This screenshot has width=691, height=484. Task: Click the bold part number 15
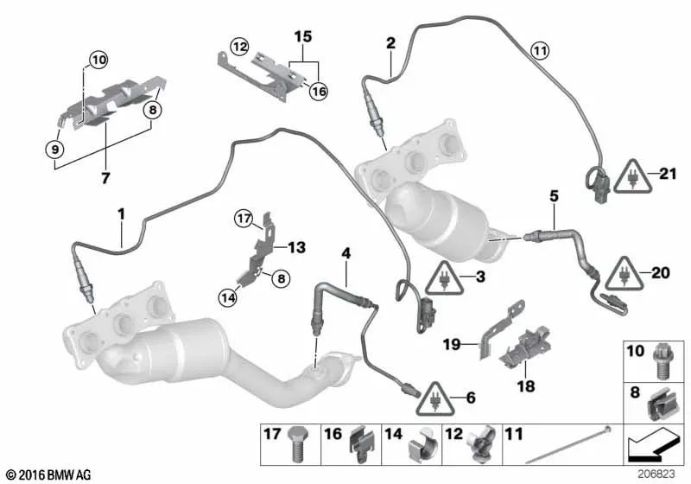[301, 38]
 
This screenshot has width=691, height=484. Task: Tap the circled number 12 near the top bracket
[238, 44]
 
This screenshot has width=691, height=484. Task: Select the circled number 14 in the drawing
[228, 298]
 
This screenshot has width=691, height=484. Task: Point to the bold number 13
[296, 248]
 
